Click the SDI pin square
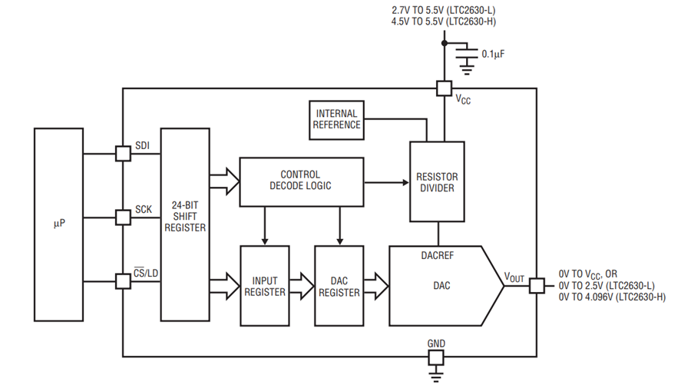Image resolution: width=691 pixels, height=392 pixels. click(x=123, y=154)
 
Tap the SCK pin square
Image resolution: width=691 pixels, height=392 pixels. click(x=123, y=218)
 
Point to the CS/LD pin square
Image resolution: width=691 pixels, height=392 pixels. click(x=123, y=281)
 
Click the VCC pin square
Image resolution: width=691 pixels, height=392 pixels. click(x=445, y=88)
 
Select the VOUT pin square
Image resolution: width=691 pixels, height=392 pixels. click(x=537, y=286)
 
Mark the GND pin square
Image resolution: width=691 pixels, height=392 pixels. click(x=436, y=357)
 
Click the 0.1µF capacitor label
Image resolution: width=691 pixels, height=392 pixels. click(x=493, y=55)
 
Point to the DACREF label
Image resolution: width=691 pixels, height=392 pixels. click(x=437, y=255)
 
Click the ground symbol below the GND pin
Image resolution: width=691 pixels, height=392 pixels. click(x=436, y=377)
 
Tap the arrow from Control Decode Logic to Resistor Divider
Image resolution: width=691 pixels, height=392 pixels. click(x=387, y=182)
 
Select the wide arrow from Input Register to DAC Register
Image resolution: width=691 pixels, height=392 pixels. click(x=302, y=286)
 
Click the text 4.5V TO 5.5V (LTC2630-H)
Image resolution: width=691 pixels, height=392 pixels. click(x=443, y=22)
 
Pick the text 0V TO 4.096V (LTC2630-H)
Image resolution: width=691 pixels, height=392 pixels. click(x=612, y=297)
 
